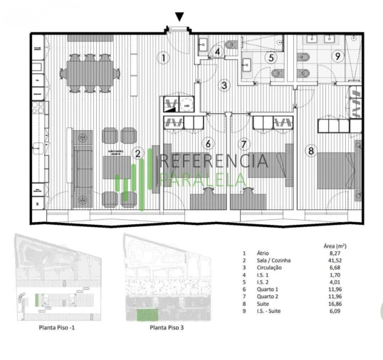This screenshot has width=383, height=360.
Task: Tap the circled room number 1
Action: pyautogui.click(x=163, y=58)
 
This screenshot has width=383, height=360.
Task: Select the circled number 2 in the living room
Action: pyautogui.click(x=138, y=152)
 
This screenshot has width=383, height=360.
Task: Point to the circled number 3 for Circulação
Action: pyautogui.click(x=223, y=86)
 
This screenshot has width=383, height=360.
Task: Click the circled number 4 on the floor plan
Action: pyautogui.click(x=218, y=51)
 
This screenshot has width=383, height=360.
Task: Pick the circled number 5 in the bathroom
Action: pyautogui.click(x=271, y=58)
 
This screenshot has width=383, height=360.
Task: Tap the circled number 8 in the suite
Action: pyautogui.click(x=310, y=150)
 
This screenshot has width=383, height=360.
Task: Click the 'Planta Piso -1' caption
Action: pyautogui.click(x=62, y=328)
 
